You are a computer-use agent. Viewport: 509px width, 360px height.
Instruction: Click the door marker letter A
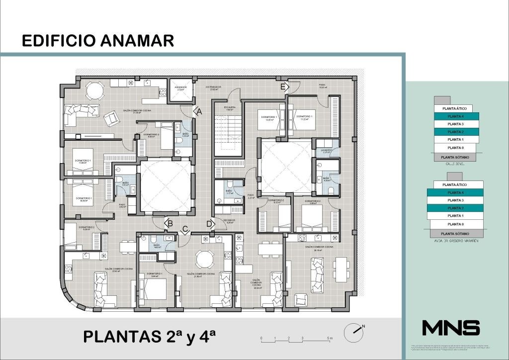199,112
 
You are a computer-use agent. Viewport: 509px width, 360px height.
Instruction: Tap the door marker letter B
170,224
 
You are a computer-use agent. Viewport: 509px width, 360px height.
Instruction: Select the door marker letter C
185,229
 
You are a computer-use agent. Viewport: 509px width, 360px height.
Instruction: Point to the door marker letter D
210,224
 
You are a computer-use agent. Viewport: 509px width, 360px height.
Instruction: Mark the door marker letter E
283,87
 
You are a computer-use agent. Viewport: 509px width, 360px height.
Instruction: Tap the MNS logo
450,328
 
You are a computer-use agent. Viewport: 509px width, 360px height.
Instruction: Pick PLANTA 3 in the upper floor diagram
455,124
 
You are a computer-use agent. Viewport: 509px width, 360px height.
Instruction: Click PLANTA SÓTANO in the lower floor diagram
455,233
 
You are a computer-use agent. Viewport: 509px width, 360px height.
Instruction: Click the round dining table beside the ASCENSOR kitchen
93,90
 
